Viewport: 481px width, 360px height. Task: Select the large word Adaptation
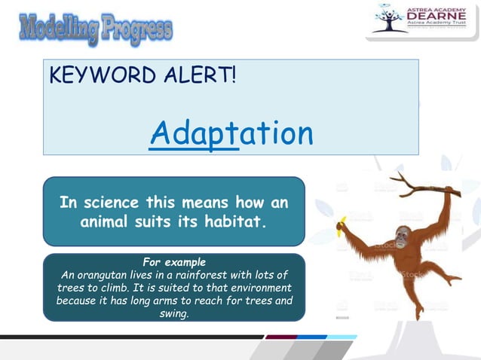231,134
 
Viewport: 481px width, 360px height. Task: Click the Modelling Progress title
96,29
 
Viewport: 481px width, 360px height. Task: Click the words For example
173,262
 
